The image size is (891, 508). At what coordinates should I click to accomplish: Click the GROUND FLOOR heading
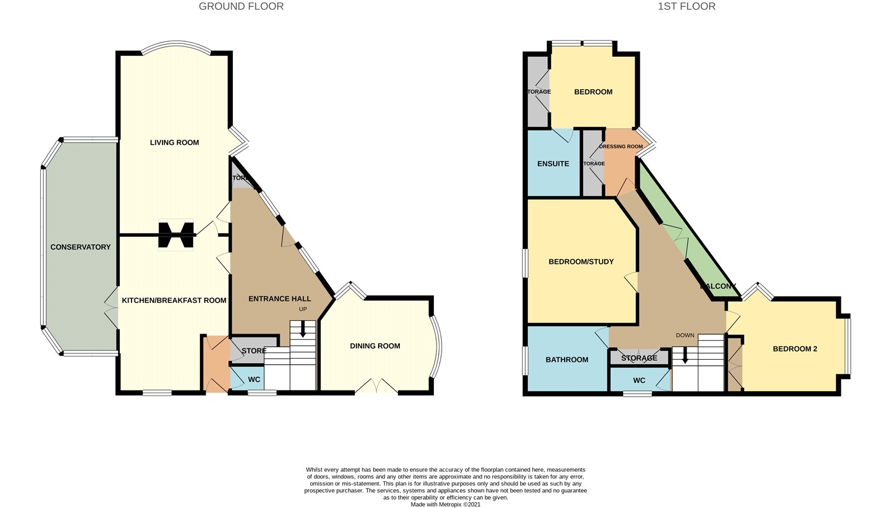pyautogui.click(x=241, y=7)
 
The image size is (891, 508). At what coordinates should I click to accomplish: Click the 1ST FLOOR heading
pyautogui.click(x=686, y=7)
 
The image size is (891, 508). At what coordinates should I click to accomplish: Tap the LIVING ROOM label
pyautogui.click(x=174, y=143)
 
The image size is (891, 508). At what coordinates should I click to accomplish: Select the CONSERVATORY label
pyautogui.click(x=80, y=247)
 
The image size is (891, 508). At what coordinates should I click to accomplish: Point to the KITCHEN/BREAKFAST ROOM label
pyautogui.click(x=174, y=300)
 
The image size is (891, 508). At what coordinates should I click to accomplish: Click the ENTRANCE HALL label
pyautogui.click(x=280, y=299)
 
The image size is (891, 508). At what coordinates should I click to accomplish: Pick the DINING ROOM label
pyautogui.click(x=375, y=346)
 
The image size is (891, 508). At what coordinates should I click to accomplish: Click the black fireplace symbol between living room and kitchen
pyautogui.click(x=176, y=235)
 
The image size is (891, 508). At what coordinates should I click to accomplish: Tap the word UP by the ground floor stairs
pyautogui.click(x=303, y=309)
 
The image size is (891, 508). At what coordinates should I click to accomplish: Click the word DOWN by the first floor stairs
pyautogui.click(x=685, y=335)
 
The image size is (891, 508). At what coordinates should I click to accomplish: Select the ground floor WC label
pyautogui.click(x=254, y=379)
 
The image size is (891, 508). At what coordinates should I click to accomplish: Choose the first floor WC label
pyautogui.click(x=639, y=380)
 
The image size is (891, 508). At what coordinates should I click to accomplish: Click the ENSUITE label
pyautogui.click(x=553, y=164)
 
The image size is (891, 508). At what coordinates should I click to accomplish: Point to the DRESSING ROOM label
pyautogui.click(x=621, y=146)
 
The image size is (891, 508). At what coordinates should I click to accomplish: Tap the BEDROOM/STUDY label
pyautogui.click(x=581, y=261)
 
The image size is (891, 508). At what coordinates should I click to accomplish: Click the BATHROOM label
pyautogui.click(x=567, y=360)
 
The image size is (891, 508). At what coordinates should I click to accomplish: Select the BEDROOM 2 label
pyautogui.click(x=795, y=349)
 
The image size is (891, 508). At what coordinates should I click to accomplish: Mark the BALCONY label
pyautogui.click(x=718, y=286)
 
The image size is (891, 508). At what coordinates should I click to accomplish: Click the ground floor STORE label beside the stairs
pyautogui.click(x=254, y=351)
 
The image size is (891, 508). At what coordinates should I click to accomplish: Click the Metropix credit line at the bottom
pyautogui.click(x=445, y=505)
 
